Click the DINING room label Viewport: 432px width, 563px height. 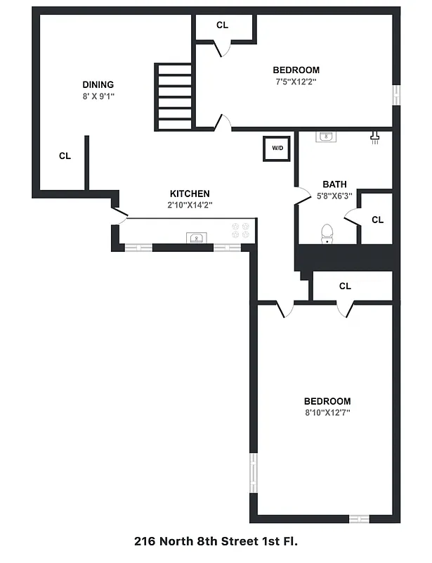point(98,84)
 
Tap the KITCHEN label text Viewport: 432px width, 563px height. point(190,194)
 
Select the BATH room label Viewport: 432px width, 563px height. point(334,184)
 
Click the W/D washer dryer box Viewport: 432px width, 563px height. point(277,148)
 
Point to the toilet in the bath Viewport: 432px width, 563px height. point(327,234)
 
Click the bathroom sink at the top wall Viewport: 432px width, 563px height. point(325,137)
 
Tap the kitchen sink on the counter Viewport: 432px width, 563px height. point(195,237)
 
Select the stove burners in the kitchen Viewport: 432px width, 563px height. point(241,229)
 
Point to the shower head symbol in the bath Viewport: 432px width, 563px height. point(375,137)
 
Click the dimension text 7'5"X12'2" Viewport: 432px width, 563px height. point(296,81)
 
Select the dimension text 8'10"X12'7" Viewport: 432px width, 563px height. point(327,412)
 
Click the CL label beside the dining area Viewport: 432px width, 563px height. point(65,156)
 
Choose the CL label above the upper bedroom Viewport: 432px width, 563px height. point(222,25)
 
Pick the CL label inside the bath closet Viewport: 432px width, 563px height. point(377,220)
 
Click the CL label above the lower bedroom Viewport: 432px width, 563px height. point(345,286)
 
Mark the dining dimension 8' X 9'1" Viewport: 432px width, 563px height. point(98,96)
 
